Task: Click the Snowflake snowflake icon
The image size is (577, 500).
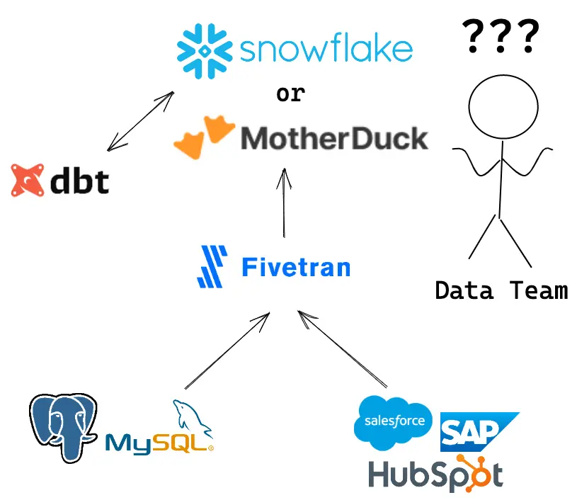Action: pyautogui.click(x=205, y=51)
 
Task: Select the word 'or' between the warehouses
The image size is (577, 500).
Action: pyautogui.click(x=291, y=93)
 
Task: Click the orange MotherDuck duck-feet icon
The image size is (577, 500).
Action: pyautogui.click(x=204, y=137)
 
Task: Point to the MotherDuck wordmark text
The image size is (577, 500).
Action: pyautogui.click(x=334, y=138)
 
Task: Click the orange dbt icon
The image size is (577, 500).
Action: pyautogui.click(x=27, y=180)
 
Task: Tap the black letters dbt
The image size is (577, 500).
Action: pyautogui.click(x=79, y=180)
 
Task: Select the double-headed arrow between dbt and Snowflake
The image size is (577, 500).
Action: pyautogui.click(x=141, y=121)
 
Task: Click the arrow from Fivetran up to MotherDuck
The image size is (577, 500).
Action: pyautogui.click(x=284, y=203)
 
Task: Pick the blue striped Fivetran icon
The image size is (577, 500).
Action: pyautogui.click(x=212, y=266)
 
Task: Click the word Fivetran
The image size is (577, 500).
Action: pyautogui.click(x=296, y=267)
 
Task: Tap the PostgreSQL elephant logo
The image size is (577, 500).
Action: pyautogui.click(x=63, y=428)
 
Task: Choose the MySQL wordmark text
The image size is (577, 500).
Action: pyautogui.click(x=159, y=443)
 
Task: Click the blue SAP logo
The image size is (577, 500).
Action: pyautogui.click(x=479, y=432)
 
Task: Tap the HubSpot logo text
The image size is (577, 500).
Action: pyautogui.click(x=436, y=474)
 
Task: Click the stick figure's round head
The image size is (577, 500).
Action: pyautogui.click(x=503, y=107)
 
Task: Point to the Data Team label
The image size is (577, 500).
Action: pyautogui.click(x=502, y=290)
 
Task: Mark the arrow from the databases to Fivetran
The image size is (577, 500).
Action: pyautogui.click(x=227, y=351)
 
